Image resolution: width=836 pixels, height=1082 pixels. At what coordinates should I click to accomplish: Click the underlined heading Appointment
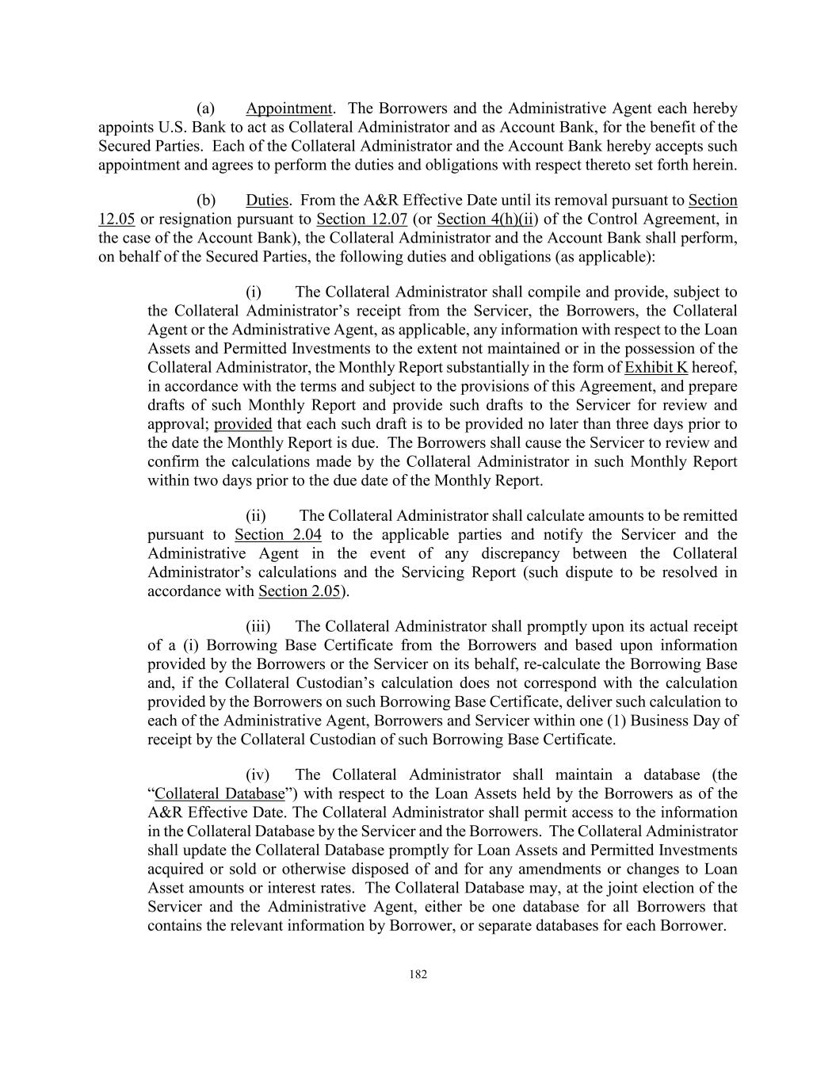tap(288, 109)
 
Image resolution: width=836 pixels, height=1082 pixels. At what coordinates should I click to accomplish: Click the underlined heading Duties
tap(266, 201)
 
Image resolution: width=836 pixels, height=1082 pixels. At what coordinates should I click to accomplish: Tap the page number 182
tap(418, 975)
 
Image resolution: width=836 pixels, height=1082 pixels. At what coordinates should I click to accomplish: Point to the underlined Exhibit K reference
tap(656, 367)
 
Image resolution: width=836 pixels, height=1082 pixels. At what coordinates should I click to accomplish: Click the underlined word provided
tap(242, 424)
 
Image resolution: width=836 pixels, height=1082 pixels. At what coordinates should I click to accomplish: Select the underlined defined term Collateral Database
tap(219, 794)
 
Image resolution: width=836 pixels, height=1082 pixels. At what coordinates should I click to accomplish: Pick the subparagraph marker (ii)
tap(256, 516)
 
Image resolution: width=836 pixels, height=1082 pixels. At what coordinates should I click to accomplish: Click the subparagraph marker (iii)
tap(258, 627)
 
